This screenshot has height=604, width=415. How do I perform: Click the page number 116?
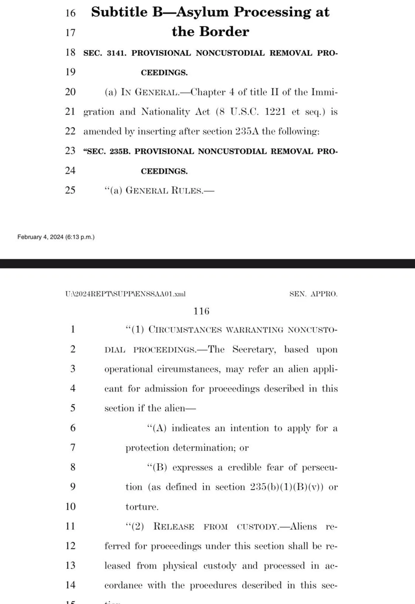201,311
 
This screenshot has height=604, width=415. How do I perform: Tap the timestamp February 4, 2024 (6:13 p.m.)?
56,237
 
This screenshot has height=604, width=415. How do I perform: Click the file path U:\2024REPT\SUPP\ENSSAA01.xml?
125,294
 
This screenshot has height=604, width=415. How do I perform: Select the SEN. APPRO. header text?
313,294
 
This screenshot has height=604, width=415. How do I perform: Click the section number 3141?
117,53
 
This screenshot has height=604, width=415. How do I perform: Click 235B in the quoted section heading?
120,151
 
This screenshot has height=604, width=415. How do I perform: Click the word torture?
142,507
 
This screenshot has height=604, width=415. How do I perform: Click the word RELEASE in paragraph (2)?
174,527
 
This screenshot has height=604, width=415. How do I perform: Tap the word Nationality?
165,112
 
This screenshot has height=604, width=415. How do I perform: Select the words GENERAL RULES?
164,190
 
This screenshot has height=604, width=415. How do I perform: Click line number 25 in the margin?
70,190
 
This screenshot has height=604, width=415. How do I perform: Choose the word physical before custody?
180,566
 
